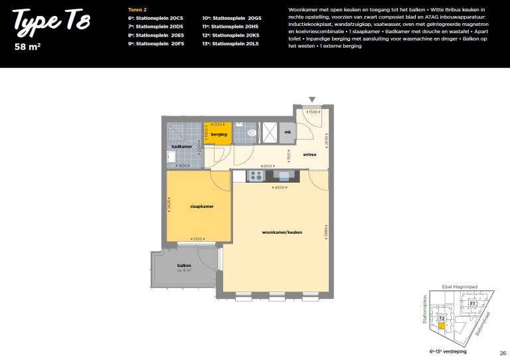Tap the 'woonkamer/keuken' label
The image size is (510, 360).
tap(282, 232)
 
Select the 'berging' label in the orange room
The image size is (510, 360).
tap(219, 135)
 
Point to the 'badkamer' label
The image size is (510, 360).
tap(181, 146)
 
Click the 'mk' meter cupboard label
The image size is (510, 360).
tap(288, 133)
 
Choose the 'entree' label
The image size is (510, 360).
tap(309, 155)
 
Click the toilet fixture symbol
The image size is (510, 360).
tap(250, 134)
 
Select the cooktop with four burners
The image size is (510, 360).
tap(255, 175)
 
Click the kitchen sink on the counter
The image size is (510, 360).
tap(284, 175)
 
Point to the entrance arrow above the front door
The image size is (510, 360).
tap(312, 100)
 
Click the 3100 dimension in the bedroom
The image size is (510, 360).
tap(197, 238)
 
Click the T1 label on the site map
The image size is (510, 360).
tap(472, 304)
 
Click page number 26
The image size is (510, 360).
tap(503, 353)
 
